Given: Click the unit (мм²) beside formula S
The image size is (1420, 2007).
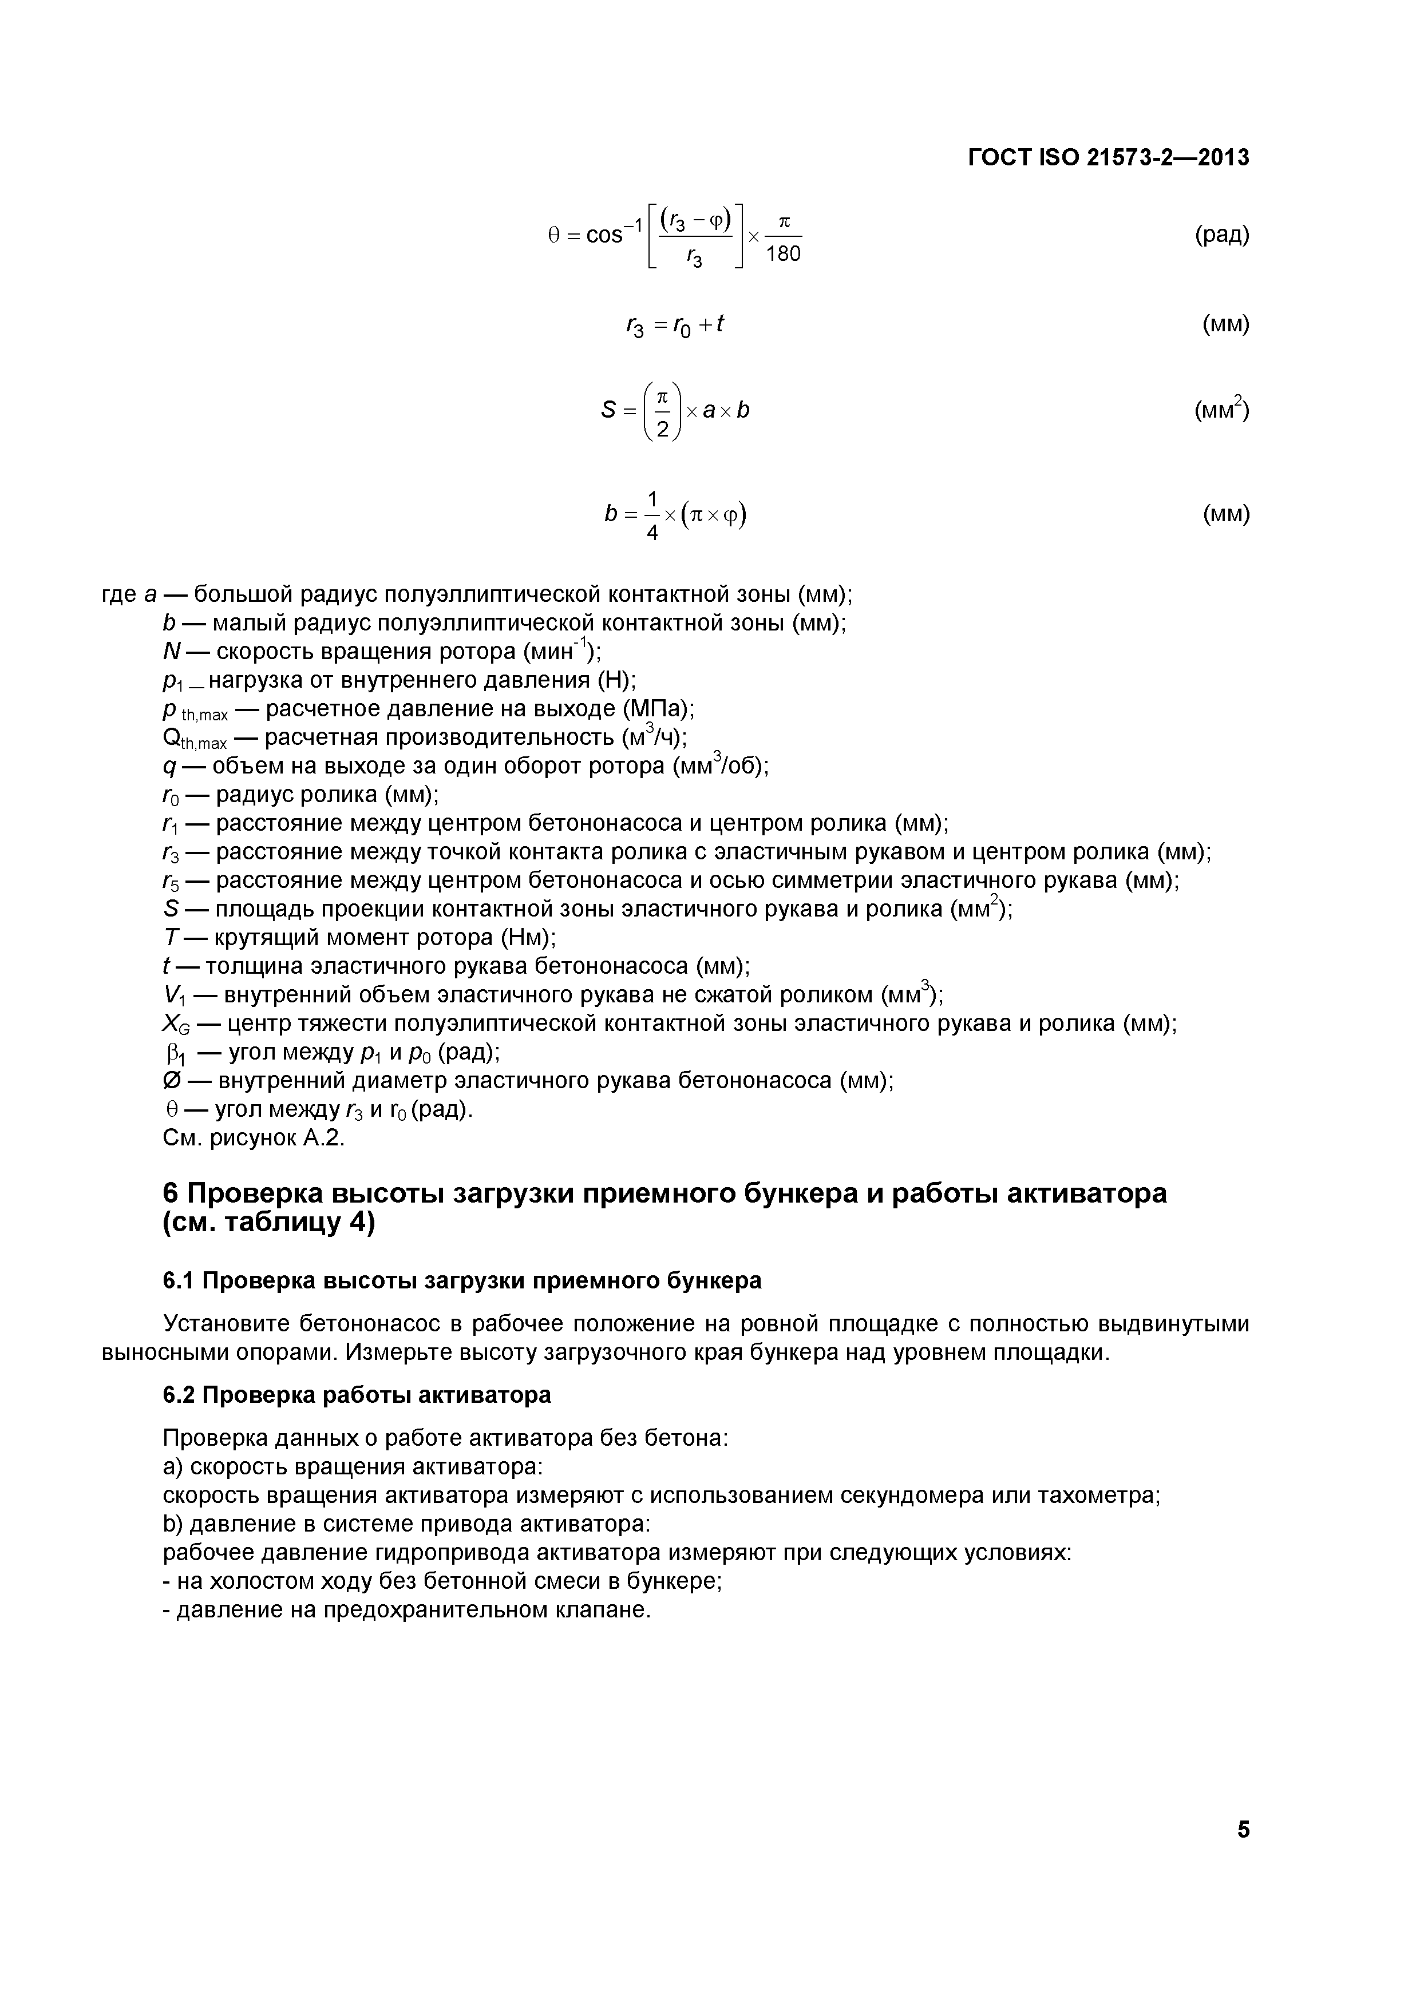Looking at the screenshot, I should (1221, 410).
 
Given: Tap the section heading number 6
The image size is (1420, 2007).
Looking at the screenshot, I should (172, 1194).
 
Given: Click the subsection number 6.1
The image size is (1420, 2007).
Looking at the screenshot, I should (179, 1280).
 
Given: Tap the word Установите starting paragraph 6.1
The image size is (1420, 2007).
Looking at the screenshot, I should (226, 1324).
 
